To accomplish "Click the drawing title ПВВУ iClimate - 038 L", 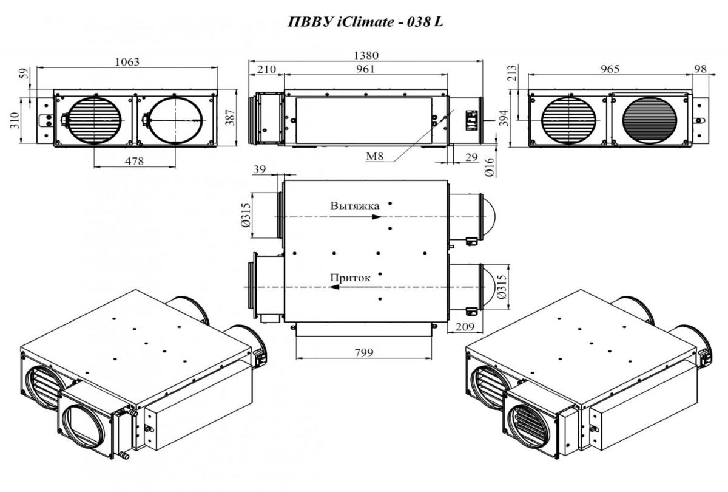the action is point(365,22).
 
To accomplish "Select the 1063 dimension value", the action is point(127,61).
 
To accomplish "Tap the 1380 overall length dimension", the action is point(366,55).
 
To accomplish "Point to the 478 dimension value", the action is point(134,161).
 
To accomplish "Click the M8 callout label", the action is point(375,157).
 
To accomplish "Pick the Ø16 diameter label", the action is point(490,167).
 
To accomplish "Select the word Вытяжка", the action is point(354,206).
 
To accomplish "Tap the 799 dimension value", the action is point(364,352).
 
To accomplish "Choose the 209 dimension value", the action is point(465,326).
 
